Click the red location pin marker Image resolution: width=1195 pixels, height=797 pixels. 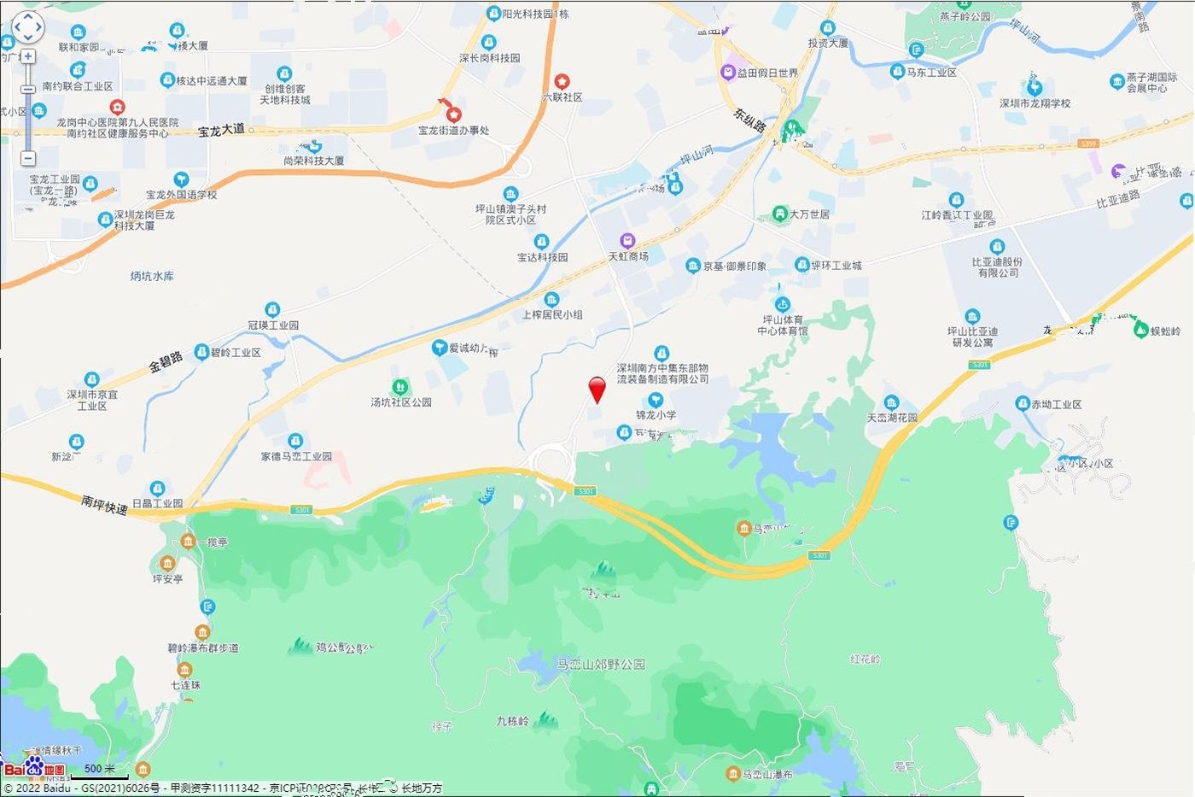pos(597,390)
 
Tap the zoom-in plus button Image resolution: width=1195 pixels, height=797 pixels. pos(28,56)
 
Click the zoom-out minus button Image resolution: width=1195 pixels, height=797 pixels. pos(28,158)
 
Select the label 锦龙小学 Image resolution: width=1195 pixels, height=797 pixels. pos(656,415)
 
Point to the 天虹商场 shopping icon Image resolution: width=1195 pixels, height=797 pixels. pos(628,241)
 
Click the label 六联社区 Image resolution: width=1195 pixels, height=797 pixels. pos(562,97)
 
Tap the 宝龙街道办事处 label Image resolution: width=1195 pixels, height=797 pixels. pos(453,131)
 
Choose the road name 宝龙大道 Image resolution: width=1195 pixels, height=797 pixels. pos(221,130)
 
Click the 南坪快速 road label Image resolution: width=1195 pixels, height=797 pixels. pos(104,504)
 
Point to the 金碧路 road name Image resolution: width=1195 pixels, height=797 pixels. pos(166,361)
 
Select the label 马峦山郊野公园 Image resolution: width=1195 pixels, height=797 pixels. pos(600,664)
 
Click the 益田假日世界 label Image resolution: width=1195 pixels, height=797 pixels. pos(767,73)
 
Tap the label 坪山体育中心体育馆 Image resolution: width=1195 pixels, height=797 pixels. pos(782,325)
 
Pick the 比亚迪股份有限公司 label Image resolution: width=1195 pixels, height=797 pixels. pos(996,267)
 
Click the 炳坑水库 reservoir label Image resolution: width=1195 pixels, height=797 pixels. pos(152,276)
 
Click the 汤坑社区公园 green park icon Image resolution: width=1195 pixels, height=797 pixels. pos(399,388)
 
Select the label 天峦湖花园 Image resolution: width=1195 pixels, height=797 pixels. pos(892,418)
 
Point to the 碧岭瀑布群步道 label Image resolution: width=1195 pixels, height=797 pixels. pos(203,648)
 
